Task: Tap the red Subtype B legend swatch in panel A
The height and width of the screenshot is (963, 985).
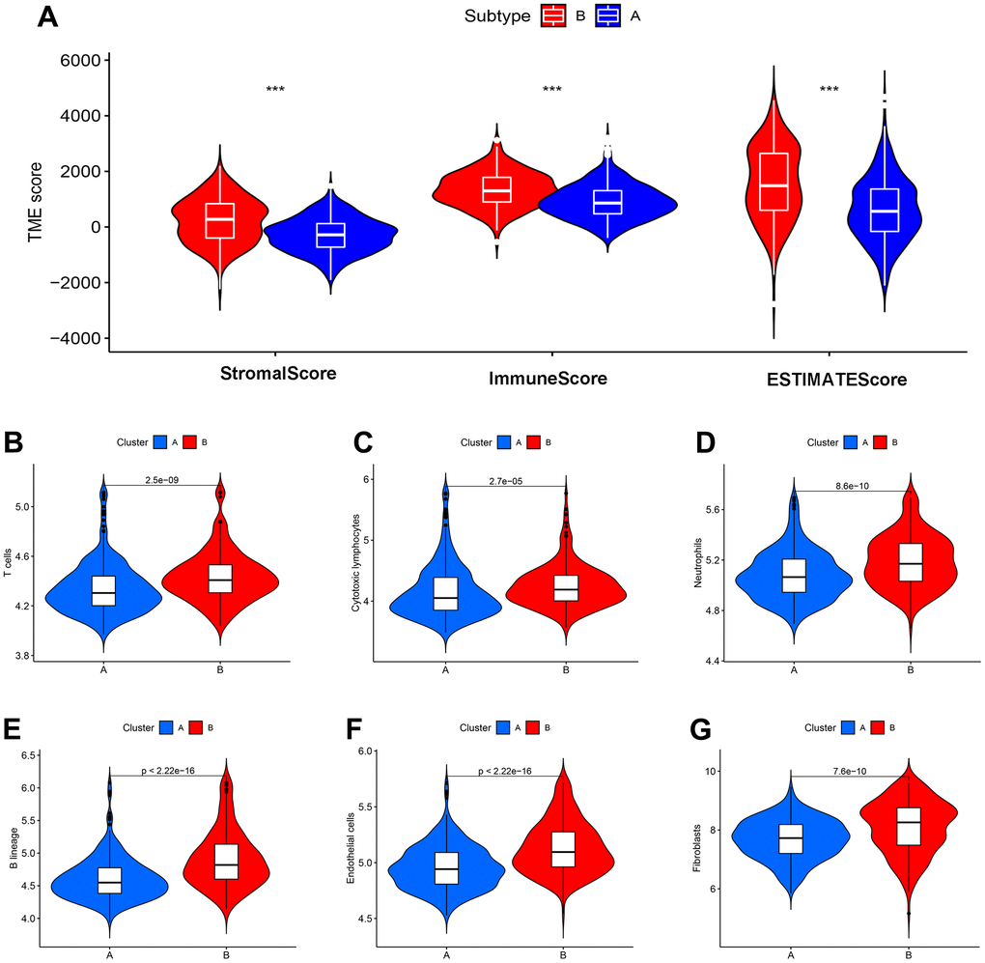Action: point(554,15)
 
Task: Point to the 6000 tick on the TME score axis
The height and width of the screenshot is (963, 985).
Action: point(77,61)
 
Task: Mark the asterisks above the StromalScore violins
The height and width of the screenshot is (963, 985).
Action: point(275,90)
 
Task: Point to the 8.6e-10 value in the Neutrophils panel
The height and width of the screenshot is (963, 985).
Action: point(851,486)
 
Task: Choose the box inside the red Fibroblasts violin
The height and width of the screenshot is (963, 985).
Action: point(908,826)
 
